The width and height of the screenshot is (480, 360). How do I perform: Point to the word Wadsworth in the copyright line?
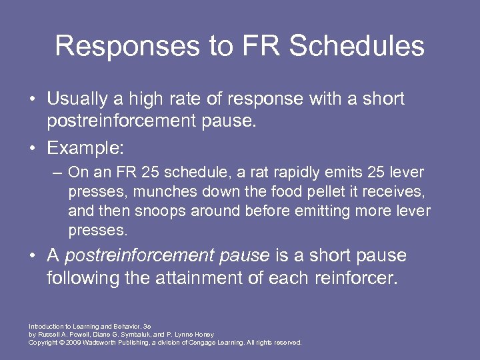point(100,342)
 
